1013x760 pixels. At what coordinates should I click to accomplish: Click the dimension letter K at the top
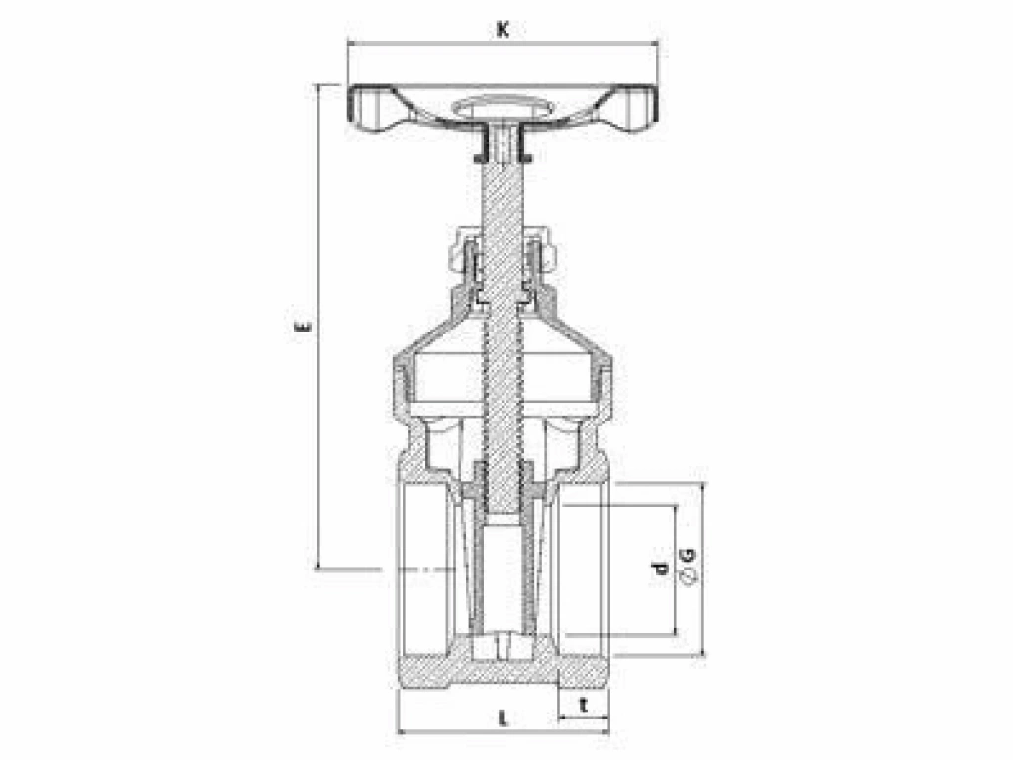tap(503, 30)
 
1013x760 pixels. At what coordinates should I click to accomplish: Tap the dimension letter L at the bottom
tap(504, 718)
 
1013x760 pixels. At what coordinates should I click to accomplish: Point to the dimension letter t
tap(584, 705)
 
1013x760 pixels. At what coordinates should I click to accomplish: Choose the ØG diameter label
tap(690, 566)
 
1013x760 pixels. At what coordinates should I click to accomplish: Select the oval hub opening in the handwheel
tap(504, 107)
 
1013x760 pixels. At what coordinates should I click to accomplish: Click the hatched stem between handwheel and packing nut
tap(503, 194)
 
